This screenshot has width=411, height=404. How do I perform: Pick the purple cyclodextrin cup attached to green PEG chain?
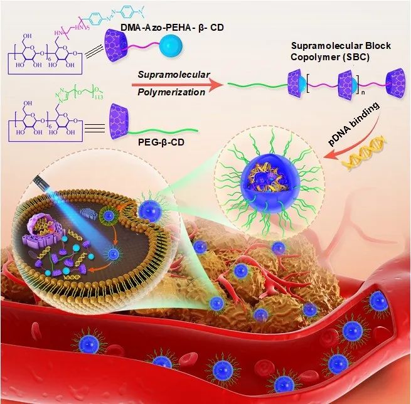click(119, 118)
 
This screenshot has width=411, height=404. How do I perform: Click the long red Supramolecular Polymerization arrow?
click(176, 83)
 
